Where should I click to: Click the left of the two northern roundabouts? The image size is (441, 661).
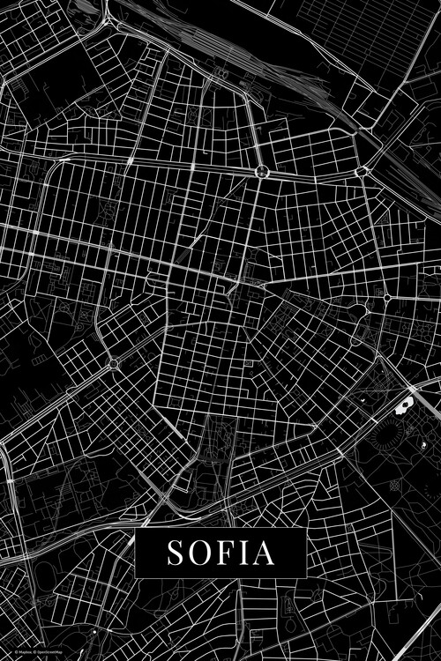262,171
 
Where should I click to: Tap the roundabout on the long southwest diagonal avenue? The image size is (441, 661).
113,363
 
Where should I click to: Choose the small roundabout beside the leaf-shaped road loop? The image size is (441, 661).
387,299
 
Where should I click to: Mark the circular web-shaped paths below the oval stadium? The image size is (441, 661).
396,486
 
